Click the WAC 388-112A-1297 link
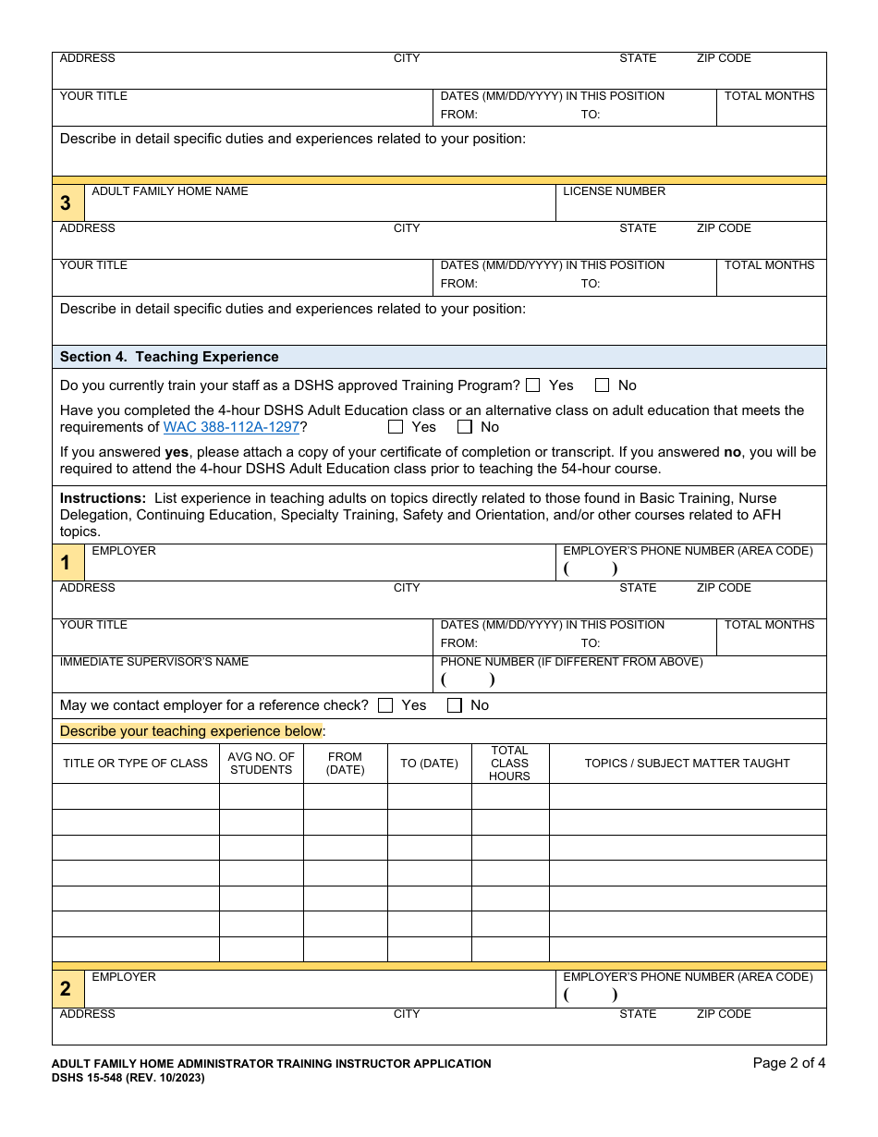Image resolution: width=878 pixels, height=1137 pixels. point(231,427)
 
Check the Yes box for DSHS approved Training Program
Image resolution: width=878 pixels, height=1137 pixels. point(533,385)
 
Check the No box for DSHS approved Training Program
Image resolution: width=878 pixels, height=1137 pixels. point(603,385)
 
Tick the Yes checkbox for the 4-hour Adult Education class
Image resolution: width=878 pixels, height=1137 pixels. point(396,427)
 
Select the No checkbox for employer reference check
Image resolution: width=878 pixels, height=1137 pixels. point(455,705)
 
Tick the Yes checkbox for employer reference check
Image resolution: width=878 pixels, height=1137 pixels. point(385,705)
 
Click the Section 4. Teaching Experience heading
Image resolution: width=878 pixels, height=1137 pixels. point(169,357)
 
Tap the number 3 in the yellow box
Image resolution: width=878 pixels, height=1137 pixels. point(66,203)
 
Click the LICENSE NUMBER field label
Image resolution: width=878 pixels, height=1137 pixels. point(614,191)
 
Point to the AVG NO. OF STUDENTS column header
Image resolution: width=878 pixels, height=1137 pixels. point(261,764)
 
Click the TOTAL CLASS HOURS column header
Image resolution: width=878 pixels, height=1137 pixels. point(509,764)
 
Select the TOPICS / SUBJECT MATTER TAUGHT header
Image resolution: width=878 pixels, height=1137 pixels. point(687,764)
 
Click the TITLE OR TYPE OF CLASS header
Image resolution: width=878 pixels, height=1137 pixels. point(135,764)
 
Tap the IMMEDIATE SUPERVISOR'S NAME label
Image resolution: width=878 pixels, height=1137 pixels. point(154,662)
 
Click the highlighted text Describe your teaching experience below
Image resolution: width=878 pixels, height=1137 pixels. point(191,731)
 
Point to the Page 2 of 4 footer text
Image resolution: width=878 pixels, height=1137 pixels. point(788,1063)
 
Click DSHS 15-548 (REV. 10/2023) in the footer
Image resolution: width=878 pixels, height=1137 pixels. point(128,1078)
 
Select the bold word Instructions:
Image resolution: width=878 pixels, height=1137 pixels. point(103,498)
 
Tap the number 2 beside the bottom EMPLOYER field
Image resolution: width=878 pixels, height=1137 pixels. point(66,989)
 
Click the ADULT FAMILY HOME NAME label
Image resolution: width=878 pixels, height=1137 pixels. point(170,191)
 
